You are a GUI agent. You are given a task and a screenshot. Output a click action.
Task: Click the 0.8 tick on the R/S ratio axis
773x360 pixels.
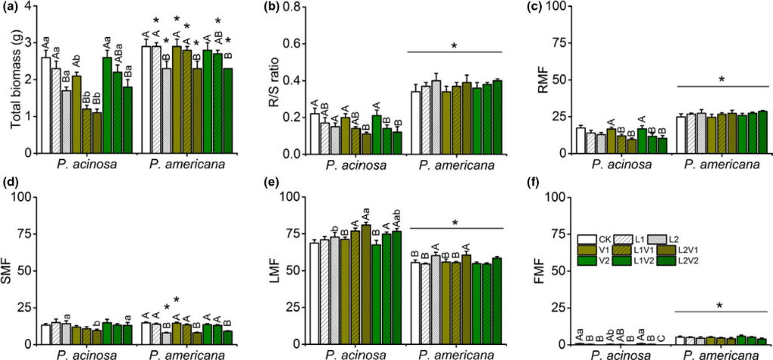pyautogui.click(x=296, y=8)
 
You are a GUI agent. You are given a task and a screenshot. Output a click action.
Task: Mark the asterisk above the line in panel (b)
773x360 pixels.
pyautogui.click(x=454, y=45)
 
